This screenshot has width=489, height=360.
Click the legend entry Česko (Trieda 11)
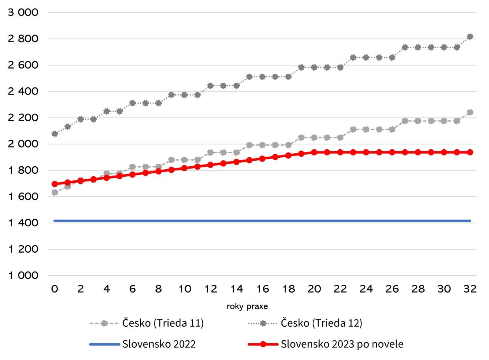pyautogui.click(x=163, y=323)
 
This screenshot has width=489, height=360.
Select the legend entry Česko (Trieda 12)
pyautogui.click(x=321, y=323)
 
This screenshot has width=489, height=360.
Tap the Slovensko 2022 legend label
pyautogui.click(x=159, y=344)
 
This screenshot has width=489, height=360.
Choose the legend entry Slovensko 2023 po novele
pyautogui.click(x=342, y=344)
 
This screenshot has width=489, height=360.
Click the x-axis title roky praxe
pyautogui.click(x=247, y=307)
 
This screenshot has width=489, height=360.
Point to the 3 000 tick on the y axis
pyautogui.click(x=23, y=13)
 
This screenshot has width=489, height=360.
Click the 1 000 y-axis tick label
pyautogui.click(x=23, y=276)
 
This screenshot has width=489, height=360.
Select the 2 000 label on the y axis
pyautogui.click(x=23, y=144)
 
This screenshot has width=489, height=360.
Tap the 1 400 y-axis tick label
pyautogui.click(x=23, y=223)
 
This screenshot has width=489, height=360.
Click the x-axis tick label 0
pyautogui.click(x=54, y=289)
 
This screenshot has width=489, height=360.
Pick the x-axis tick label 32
pyautogui.click(x=470, y=289)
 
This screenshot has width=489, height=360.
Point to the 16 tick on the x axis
pyautogui.click(x=262, y=289)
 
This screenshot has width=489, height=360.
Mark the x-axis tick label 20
pyautogui.click(x=314, y=289)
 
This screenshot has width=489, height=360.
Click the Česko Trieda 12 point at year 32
pyautogui.click(x=470, y=37)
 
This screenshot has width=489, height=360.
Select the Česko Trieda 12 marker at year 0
pyautogui.click(x=54, y=134)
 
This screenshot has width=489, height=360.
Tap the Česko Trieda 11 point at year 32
pyautogui.click(x=470, y=112)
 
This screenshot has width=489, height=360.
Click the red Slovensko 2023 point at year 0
pyautogui.click(x=54, y=184)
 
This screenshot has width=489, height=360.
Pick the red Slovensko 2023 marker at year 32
pyautogui.click(x=470, y=152)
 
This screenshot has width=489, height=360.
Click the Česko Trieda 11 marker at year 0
pyautogui.click(x=54, y=193)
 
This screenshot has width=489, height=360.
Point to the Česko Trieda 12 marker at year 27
pyautogui.click(x=405, y=47)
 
